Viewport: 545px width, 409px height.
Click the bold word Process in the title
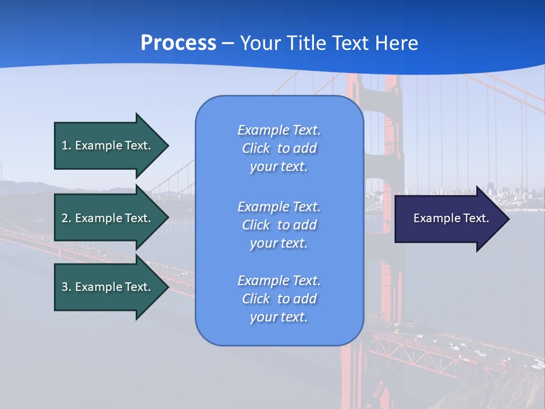[178, 43]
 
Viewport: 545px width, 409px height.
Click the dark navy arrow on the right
[448, 219]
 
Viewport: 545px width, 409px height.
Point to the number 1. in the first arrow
[66, 145]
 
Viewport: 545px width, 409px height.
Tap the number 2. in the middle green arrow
[66, 218]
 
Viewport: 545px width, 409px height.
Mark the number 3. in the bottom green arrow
[66, 287]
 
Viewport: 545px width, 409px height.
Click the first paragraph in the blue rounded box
[279, 148]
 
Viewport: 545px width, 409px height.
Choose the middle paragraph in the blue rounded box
[279, 225]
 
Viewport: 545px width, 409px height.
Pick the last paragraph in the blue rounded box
[279, 299]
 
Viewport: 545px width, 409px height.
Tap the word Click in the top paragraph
[256, 149]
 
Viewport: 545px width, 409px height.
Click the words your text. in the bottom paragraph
[279, 317]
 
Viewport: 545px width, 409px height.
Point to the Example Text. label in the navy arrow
[451, 218]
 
